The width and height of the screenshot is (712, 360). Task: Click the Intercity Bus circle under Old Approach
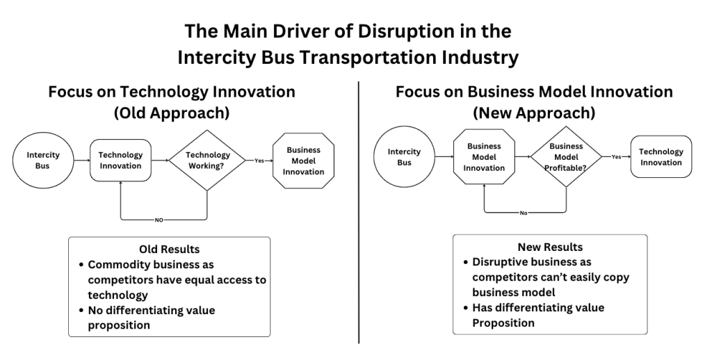[x=42, y=160]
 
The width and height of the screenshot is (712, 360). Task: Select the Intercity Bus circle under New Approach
[x=404, y=157]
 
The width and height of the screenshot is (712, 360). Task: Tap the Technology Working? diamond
[x=207, y=160]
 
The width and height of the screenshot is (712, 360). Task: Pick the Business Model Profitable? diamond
[x=566, y=156]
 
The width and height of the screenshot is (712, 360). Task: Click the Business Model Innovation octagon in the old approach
[x=303, y=161]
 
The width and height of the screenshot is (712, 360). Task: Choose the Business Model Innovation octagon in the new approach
[x=484, y=156]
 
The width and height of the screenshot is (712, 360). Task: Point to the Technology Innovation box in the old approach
[x=120, y=161]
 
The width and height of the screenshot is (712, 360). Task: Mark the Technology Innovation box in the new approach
[x=661, y=156]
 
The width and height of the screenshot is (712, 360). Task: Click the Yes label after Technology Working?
[x=259, y=161]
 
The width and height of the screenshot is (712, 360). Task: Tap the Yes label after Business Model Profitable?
[x=616, y=156]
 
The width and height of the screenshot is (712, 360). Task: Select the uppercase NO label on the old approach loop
[x=159, y=220]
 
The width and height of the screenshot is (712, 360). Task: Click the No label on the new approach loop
[x=524, y=213]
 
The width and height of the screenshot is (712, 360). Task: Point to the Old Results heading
[x=170, y=249]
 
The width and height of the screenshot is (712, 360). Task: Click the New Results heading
[x=551, y=247]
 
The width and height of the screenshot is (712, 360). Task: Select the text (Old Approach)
[x=172, y=113]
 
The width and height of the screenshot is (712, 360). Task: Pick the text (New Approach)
[x=534, y=112]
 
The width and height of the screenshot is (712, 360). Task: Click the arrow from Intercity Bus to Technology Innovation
[x=81, y=161]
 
